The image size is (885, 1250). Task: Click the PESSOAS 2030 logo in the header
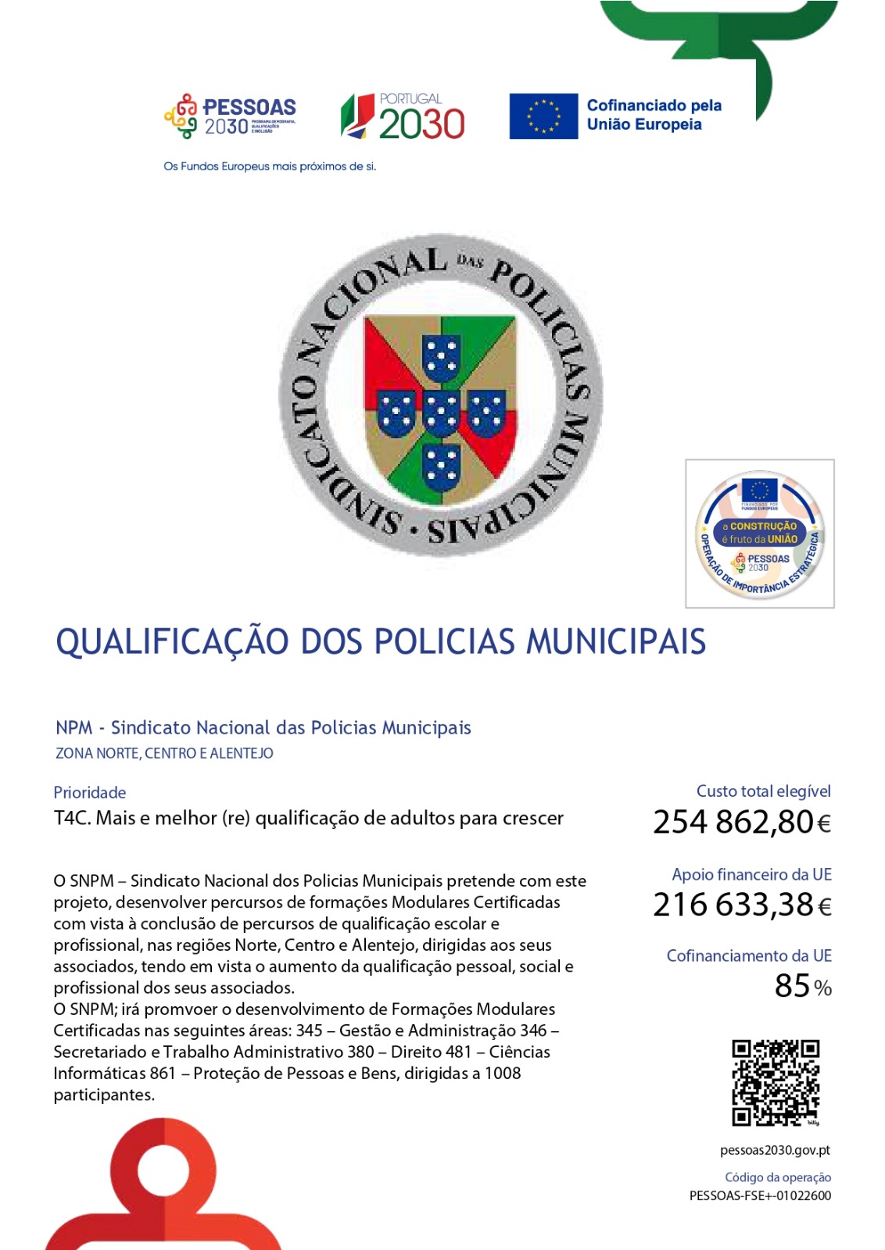click(x=230, y=116)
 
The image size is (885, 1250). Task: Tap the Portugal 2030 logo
click(x=403, y=116)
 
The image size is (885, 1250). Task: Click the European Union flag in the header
click(x=543, y=116)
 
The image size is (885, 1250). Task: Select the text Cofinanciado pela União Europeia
click(x=654, y=115)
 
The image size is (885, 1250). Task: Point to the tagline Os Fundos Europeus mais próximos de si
click(x=270, y=166)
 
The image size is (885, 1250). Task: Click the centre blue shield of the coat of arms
click(x=441, y=412)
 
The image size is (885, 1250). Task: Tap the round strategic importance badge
click(x=759, y=534)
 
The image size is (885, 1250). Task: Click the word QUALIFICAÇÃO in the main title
click(x=172, y=642)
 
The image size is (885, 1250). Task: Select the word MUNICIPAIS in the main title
click(x=615, y=642)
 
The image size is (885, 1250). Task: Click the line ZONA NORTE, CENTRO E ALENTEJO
click(x=164, y=754)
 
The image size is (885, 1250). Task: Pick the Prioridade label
click(x=90, y=792)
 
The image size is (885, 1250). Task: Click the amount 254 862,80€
click(x=741, y=823)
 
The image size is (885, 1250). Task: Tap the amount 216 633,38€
click(x=741, y=905)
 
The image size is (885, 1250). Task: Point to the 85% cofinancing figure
click(x=802, y=987)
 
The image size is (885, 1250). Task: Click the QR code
click(x=776, y=1083)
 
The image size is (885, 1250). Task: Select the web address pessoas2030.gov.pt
click(x=775, y=1150)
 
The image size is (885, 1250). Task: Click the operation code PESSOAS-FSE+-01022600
click(x=760, y=1195)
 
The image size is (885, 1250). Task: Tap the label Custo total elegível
click(x=763, y=791)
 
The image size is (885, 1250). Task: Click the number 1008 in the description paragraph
click(x=502, y=1073)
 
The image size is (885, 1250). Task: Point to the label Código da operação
click(x=778, y=1177)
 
